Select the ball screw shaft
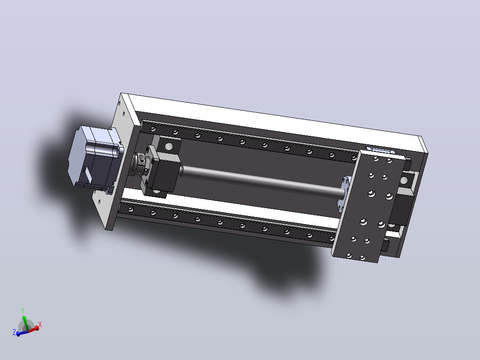(263, 181)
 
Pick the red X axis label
(40, 324)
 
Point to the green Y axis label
(23, 311)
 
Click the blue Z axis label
(14, 332)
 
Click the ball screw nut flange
(343, 192)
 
